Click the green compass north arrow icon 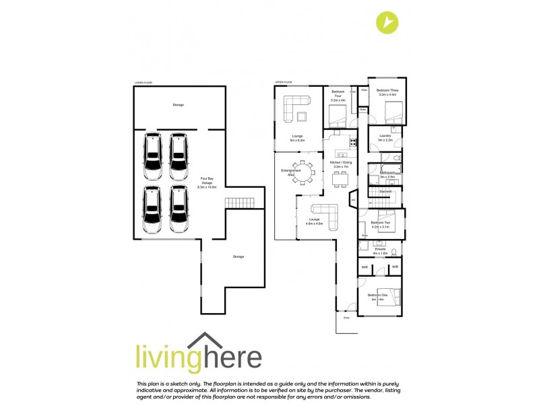[x=387, y=22]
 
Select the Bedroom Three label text [x=388, y=92]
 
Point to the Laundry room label [x=385, y=137]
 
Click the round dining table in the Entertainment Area [x=303, y=174]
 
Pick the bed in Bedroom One [x=391, y=297]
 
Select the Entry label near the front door [x=347, y=317]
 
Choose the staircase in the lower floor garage [x=237, y=202]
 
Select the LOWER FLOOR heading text [x=143, y=83]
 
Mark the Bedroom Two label [x=381, y=224]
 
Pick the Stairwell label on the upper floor [x=385, y=192]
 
